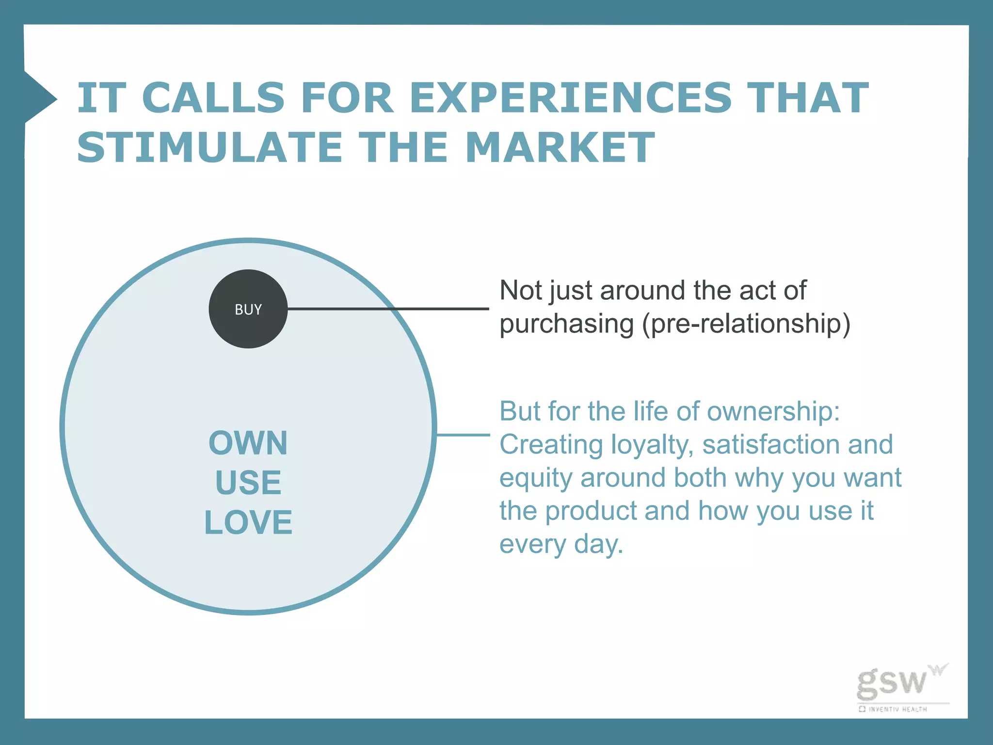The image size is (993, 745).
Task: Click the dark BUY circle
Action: click(248, 309)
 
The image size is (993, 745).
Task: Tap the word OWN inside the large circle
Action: click(248, 443)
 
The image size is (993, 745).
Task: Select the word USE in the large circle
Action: click(248, 483)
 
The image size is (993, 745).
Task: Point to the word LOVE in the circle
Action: click(248, 522)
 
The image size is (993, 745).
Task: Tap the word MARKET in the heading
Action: click(560, 147)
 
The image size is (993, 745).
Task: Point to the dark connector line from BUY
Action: click(388, 308)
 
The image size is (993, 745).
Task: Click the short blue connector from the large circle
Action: click(463, 435)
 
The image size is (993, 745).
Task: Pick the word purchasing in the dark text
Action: click(566, 324)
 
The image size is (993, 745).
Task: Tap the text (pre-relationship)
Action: click(746, 324)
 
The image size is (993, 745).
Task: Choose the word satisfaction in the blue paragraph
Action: click(769, 445)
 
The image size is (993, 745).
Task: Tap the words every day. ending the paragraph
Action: click(561, 544)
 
